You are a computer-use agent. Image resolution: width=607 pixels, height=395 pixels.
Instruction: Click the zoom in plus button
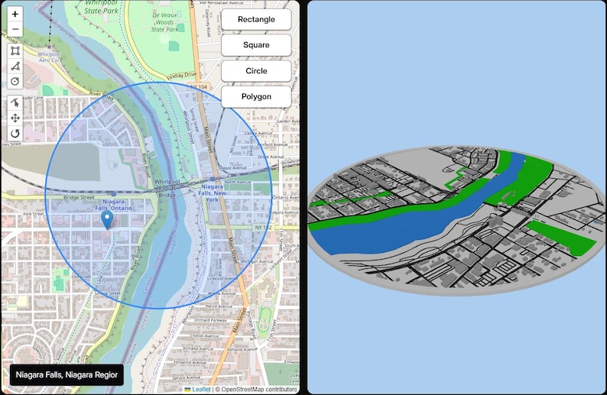[15, 15]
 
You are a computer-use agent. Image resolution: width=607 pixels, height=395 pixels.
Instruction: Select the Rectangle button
[256, 19]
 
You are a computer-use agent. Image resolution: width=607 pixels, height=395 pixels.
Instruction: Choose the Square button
[256, 45]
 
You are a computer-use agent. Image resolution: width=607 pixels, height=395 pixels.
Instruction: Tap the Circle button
[256, 71]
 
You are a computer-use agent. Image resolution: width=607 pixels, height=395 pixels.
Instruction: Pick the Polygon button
[256, 97]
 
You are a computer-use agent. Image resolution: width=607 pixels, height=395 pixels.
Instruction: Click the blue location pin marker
[107, 221]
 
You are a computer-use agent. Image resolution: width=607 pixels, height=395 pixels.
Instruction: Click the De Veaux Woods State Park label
[164, 21]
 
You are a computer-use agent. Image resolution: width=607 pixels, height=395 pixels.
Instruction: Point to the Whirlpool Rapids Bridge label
[167, 187]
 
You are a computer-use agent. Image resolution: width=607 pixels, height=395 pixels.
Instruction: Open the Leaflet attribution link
[201, 389]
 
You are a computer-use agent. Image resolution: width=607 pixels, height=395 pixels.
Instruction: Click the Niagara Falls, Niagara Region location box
[67, 375]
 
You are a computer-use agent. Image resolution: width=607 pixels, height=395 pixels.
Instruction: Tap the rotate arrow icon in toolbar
[15, 134]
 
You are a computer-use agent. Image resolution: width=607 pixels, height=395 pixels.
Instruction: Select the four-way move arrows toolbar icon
[15, 118]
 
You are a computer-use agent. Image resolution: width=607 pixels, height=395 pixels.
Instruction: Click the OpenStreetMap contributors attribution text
[255, 389]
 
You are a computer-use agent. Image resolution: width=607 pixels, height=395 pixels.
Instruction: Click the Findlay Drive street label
[181, 75]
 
